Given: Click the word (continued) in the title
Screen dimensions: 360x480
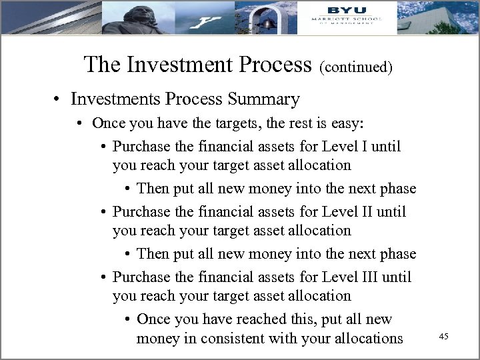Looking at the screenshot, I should pos(355,66).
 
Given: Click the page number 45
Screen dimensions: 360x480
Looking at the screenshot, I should pos(443,338).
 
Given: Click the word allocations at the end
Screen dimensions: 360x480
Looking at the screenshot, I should pos(360,338).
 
